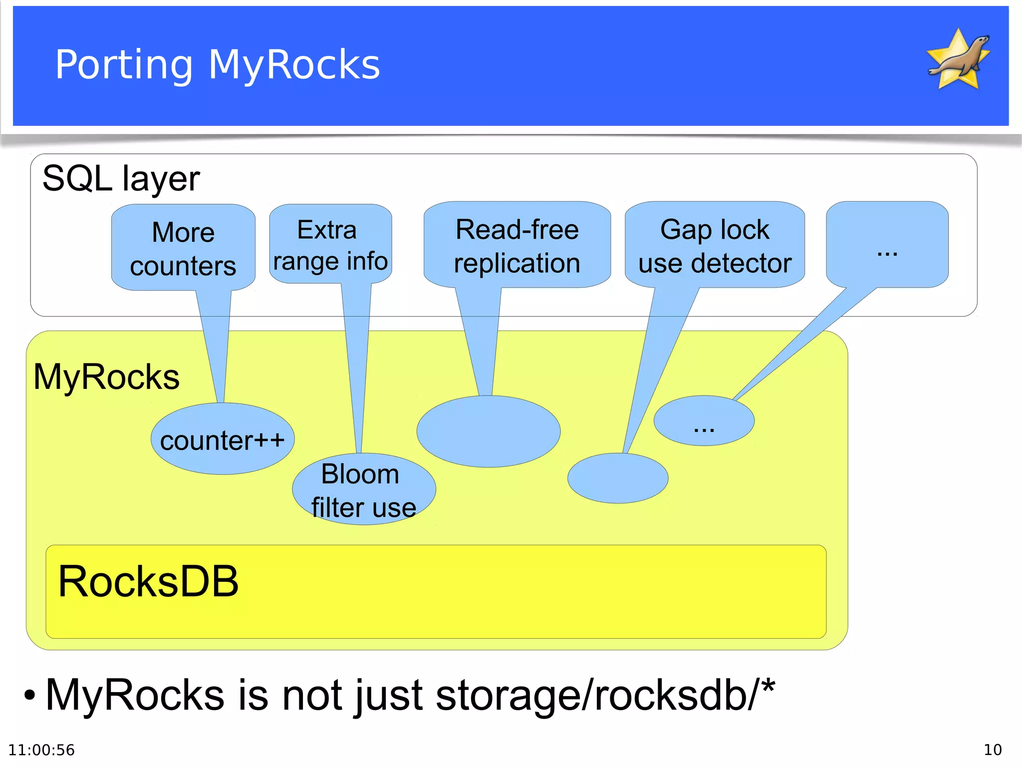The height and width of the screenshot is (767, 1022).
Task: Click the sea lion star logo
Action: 958,60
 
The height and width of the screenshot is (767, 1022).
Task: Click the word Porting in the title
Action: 124,65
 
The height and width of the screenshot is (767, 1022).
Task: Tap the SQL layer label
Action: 121,178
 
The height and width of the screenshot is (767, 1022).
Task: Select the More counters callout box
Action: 183,248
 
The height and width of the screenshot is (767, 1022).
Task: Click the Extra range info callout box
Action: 330,245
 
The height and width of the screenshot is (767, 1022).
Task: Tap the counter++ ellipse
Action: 223,439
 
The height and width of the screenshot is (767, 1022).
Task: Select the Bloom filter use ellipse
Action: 364,490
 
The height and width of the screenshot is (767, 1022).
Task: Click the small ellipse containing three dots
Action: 704,421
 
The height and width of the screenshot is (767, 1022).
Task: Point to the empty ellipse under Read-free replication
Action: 488,431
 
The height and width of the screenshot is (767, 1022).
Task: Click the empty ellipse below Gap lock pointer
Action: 618,478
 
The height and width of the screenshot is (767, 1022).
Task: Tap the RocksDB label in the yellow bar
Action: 149,582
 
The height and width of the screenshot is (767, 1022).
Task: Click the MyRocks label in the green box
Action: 106,377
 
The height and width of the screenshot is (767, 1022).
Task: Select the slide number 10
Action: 992,750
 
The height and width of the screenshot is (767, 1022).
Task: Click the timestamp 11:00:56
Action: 41,750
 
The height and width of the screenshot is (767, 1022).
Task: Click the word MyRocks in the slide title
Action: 294,65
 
